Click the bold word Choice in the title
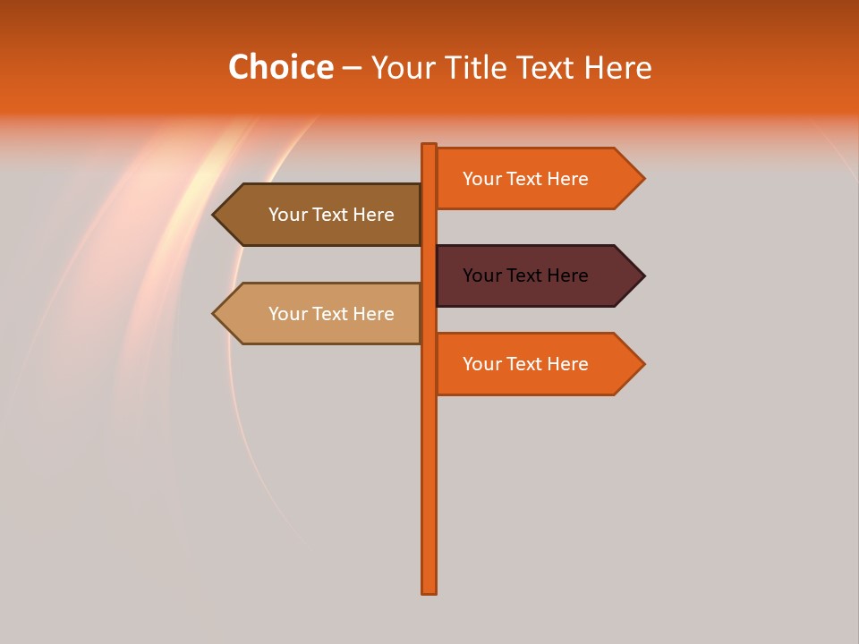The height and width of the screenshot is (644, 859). pos(280,67)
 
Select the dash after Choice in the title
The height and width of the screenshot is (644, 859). pos(352,68)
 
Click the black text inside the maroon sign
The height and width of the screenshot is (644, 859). pos(525,275)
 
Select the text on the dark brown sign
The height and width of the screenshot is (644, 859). pos(331,215)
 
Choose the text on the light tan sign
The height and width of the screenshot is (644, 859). pos(331,314)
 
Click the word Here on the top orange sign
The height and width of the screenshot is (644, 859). pos(567,179)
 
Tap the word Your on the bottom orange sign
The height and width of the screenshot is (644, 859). pos(481,364)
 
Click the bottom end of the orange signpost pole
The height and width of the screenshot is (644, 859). pos(429,589)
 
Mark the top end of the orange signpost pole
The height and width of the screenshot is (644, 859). pos(429,147)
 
